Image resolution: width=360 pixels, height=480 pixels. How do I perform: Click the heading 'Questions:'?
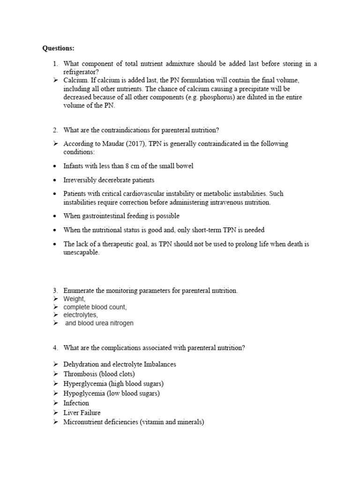tap(58, 48)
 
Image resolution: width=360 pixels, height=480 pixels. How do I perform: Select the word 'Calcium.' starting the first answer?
tap(76, 80)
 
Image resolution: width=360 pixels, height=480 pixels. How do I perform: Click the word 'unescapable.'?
tap(82, 253)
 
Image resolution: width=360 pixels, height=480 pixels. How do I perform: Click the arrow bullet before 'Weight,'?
tap(55, 299)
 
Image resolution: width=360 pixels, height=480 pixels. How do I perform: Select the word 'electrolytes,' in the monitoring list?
tap(81, 315)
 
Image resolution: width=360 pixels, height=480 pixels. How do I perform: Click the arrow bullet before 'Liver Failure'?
tap(55, 412)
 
